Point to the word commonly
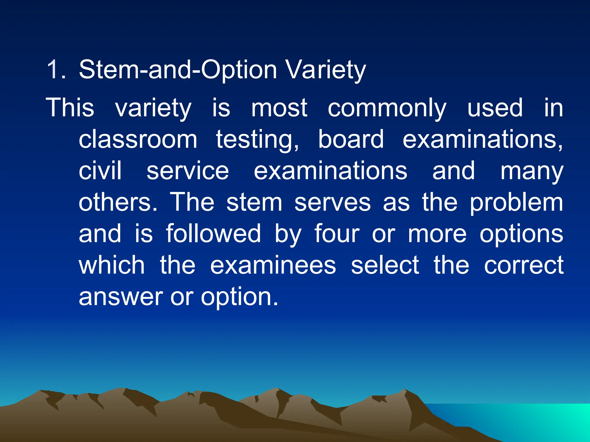coord(387,108)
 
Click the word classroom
coord(138,139)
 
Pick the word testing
coord(257,140)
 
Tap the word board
coord(351,139)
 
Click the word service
coord(188,171)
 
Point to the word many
coord(532,171)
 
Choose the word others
coord(118,202)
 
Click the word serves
coord(332,203)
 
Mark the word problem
coord(516,203)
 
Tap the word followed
coord(213,233)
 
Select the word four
coord(337,233)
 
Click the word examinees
coord(273,265)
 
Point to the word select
coord(385,265)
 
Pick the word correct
coord(523,265)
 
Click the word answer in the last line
coord(121,297)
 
